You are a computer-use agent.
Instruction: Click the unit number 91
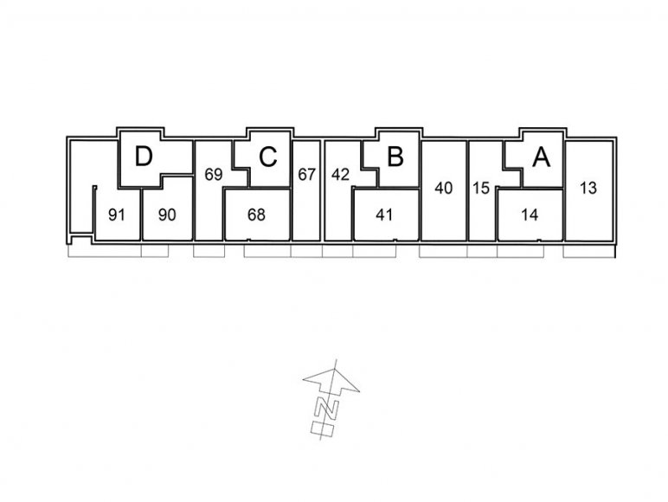117,216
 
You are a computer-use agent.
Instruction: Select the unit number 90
167,216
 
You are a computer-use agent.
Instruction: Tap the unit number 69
214,175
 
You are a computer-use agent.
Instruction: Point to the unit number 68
256,216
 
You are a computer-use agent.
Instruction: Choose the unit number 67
306,175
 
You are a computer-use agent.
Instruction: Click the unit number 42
340,175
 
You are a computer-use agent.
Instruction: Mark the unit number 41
384,216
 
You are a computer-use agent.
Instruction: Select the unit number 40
444,188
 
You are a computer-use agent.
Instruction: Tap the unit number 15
481,188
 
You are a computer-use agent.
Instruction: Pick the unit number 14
530,216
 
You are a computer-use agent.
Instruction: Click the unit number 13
588,188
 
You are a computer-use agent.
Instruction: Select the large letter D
144,157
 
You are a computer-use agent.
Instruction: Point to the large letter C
268,157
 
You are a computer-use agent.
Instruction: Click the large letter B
395,157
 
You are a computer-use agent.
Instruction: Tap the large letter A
542,157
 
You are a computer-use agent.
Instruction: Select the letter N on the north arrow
327,409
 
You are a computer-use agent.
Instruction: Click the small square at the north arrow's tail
322,429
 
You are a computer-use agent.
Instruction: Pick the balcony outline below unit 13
589,251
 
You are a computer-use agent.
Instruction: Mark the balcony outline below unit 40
443,251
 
